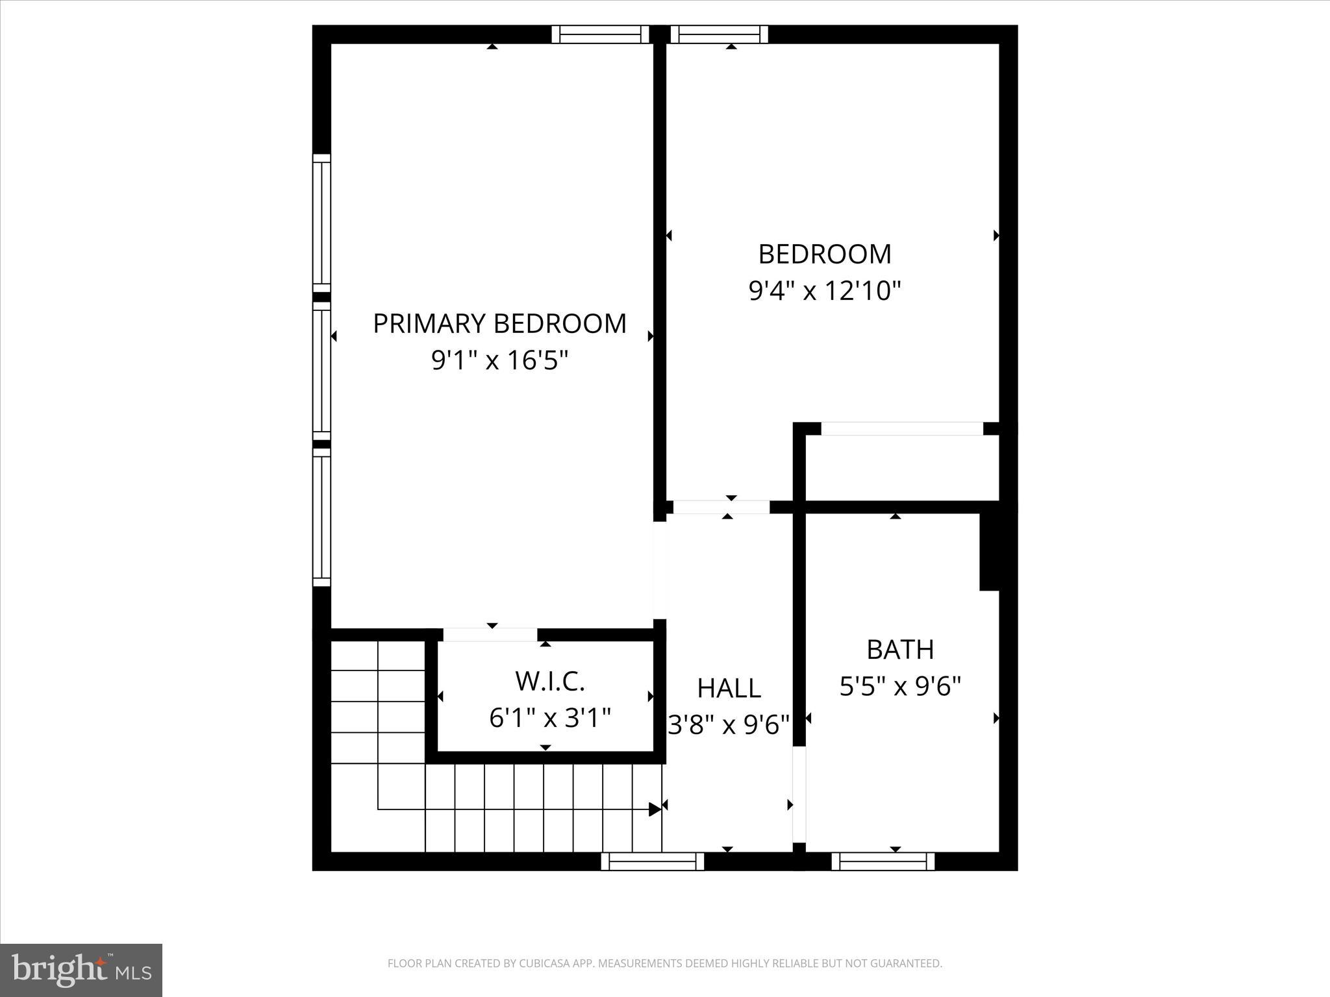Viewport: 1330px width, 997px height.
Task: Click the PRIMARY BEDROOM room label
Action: [499, 324]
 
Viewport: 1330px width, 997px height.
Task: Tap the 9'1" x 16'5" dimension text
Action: [499, 360]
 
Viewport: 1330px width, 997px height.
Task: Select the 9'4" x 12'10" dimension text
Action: [825, 290]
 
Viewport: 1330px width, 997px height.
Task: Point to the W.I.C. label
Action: [550, 681]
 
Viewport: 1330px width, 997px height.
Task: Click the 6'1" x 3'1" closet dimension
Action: [550, 718]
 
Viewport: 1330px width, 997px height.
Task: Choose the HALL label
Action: [729, 689]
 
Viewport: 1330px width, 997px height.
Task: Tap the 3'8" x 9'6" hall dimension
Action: [729, 724]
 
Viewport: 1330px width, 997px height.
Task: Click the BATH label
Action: [900, 649]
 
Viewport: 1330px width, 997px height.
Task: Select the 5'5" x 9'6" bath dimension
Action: [900, 685]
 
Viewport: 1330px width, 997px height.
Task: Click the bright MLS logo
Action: [81, 970]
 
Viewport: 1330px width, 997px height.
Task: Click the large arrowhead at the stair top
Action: [655, 809]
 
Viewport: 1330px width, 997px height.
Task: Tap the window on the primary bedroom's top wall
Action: [600, 34]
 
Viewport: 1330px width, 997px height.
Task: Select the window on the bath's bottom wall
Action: [883, 861]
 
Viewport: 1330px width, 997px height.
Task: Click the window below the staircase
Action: [652, 861]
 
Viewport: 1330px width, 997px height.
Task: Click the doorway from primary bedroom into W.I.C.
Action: [490, 635]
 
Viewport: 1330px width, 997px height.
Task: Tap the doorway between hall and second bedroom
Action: [721, 507]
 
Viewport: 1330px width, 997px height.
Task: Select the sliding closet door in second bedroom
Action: [902, 429]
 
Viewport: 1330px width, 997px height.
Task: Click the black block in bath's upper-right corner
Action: [989, 552]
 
